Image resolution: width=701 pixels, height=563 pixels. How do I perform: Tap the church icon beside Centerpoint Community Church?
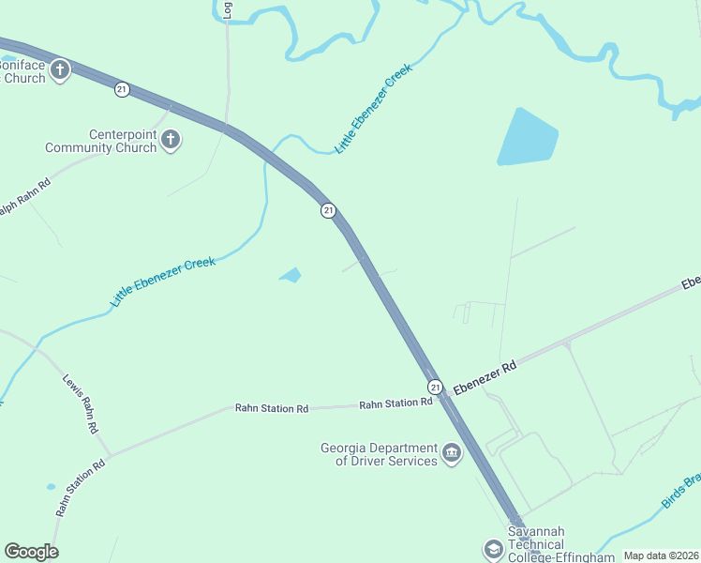pos(171,141)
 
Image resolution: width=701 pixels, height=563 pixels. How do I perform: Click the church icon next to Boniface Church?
pos(61,70)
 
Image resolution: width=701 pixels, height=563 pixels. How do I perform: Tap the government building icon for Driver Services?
pos(453,454)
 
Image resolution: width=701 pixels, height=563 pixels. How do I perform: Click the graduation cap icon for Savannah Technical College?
pos(493,549)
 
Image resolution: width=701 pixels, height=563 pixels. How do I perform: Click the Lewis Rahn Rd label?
pos(82,403)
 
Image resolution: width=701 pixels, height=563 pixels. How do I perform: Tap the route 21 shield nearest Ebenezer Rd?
pos(435,387)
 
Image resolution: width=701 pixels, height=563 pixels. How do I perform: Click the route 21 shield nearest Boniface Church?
pos(122,89)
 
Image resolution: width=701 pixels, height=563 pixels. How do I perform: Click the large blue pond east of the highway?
pos(527,139)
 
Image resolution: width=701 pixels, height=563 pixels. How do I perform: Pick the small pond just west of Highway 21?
pos(291,275)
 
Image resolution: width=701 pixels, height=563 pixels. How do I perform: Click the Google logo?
pos(31,552)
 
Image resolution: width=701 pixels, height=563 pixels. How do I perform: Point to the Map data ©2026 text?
pos(661,555)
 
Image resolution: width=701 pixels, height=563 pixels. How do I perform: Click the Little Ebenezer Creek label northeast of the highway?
pos(373,109)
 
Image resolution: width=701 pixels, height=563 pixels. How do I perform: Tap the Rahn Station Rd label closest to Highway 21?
pos(395,403)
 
